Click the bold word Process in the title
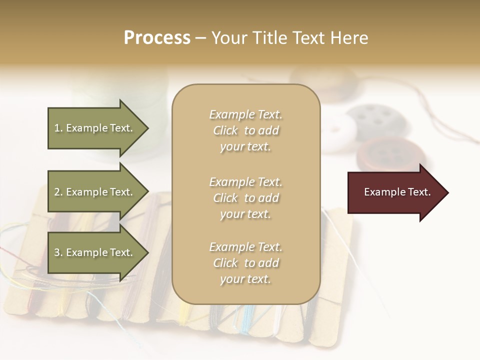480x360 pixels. pyautogui.click(x=157, y=38)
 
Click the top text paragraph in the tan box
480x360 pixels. pyautogui.click(x=245, y=130)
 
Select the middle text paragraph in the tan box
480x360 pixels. pyautogui.click(x=245, y=198)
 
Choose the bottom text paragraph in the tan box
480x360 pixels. pyautogui.click(x=245, y=263)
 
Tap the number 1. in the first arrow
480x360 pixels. pyautogui.click(x=58, y=128)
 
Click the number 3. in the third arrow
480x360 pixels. pyautogui.click(x=58, y=252)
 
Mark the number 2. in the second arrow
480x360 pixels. pyautogui.click(x=58, y=192)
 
